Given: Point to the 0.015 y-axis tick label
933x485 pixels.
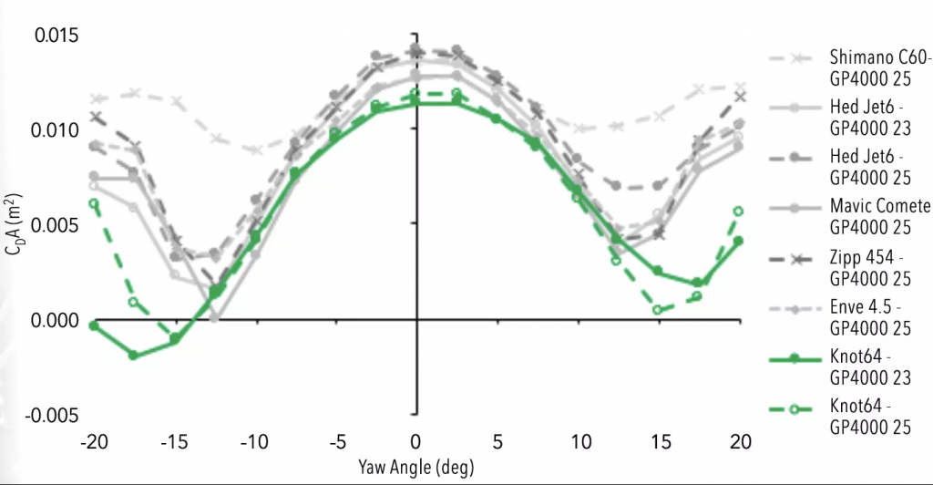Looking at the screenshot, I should (x=57, y=36).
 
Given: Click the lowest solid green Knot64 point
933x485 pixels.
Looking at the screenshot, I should (x=134, y=355).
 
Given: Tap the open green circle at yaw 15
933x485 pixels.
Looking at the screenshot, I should (x=657, y=310).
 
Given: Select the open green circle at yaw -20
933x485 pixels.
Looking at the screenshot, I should (x=93, y=203).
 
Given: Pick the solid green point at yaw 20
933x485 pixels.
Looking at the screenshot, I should (x=738, y=241).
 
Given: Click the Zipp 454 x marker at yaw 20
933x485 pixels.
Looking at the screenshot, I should (x=738, y=97).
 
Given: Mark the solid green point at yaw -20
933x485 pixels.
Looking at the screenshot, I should (x=93, y=325).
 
